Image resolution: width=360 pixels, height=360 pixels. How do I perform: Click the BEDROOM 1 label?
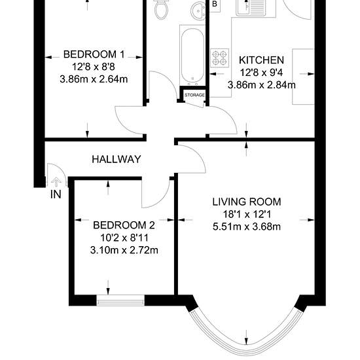pyautogui.click(x=94, y=54)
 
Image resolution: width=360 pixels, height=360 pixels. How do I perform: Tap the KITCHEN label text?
pyautogui.click(x=262, y=60)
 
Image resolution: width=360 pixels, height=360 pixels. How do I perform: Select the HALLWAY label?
pyautogui.click(x=117, y=159)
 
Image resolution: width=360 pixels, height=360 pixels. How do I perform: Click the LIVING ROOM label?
pyautogui.click(x=247, y=202)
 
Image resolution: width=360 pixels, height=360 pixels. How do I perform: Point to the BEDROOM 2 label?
pyautogui.click(x=124, y=225)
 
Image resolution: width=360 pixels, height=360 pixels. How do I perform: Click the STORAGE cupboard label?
pyautogui.click(x=194, y=95)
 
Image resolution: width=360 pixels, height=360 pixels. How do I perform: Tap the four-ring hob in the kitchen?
pyautogui.click(x=220, y=58)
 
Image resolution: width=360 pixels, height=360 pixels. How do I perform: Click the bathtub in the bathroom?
pyautogui.click(x=192, y=55)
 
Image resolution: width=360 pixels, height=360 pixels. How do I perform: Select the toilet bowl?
pyautogui.click(x=161, y=9)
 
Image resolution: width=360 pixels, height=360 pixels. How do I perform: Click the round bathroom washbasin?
pyautogui.click(x=198, y=10)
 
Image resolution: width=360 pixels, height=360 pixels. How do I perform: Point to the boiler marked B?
pyautogui.click(x=215, y=5)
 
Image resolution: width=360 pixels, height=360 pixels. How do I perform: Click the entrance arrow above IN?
pyautogui.click(x=56, y=183)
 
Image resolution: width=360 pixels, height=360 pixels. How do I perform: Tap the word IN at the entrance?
pyautogui.click(x=56, y=194)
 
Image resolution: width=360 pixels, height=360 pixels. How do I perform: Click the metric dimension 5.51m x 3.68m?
pyautogui.click(x=247, y=226)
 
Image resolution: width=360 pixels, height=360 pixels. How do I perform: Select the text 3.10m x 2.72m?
pyautogui.click(x=124, y=250)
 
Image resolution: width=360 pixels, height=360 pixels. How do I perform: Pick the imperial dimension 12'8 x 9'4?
pyautogui.click(x=262, y=73)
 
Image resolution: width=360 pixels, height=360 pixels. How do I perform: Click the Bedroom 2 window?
pyautogui.click(x=120, y=300)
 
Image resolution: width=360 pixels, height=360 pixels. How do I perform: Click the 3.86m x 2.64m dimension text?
pyautogui.click(x=94, y=79)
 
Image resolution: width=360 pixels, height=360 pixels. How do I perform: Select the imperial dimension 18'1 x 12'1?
pyautogui.click(x=247, y=215)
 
